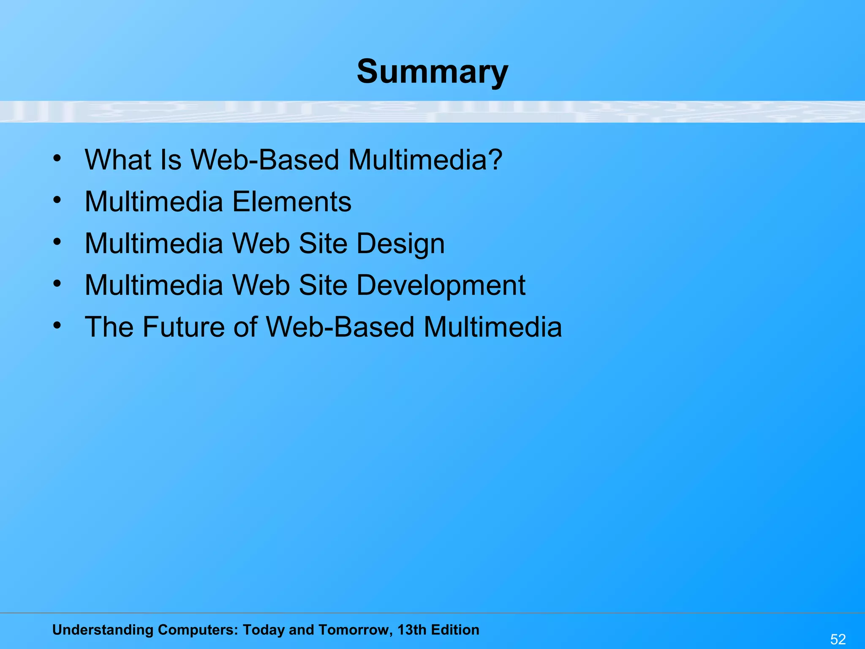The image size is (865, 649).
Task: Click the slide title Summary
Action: (x=432, y=72)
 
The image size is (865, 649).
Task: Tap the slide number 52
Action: (x=838, y=639)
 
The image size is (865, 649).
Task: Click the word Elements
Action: (x=292, y=202)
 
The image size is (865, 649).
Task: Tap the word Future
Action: (x=184, y=327)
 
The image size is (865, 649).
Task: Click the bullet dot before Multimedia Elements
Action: (x=57, y=200)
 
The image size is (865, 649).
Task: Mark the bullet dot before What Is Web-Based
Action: (x=57, y=158)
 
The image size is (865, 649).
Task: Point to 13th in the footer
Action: (x=412, y=630)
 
